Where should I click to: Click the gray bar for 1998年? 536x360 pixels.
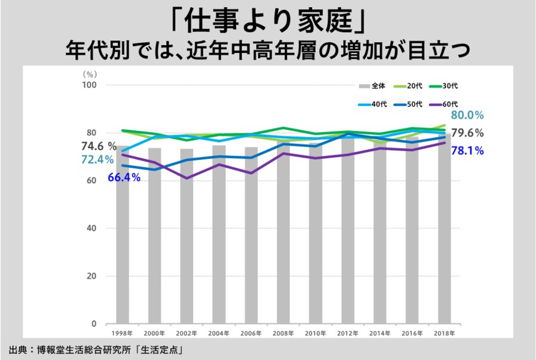pos(123,238)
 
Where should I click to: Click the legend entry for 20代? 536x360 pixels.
pos(415,86)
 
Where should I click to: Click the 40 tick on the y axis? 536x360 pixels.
pos(92,228)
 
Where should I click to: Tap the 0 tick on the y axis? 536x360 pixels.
pos(94,324)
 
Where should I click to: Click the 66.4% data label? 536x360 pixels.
pos(124,177)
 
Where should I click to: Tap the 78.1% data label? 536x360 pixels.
pos(467,151)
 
